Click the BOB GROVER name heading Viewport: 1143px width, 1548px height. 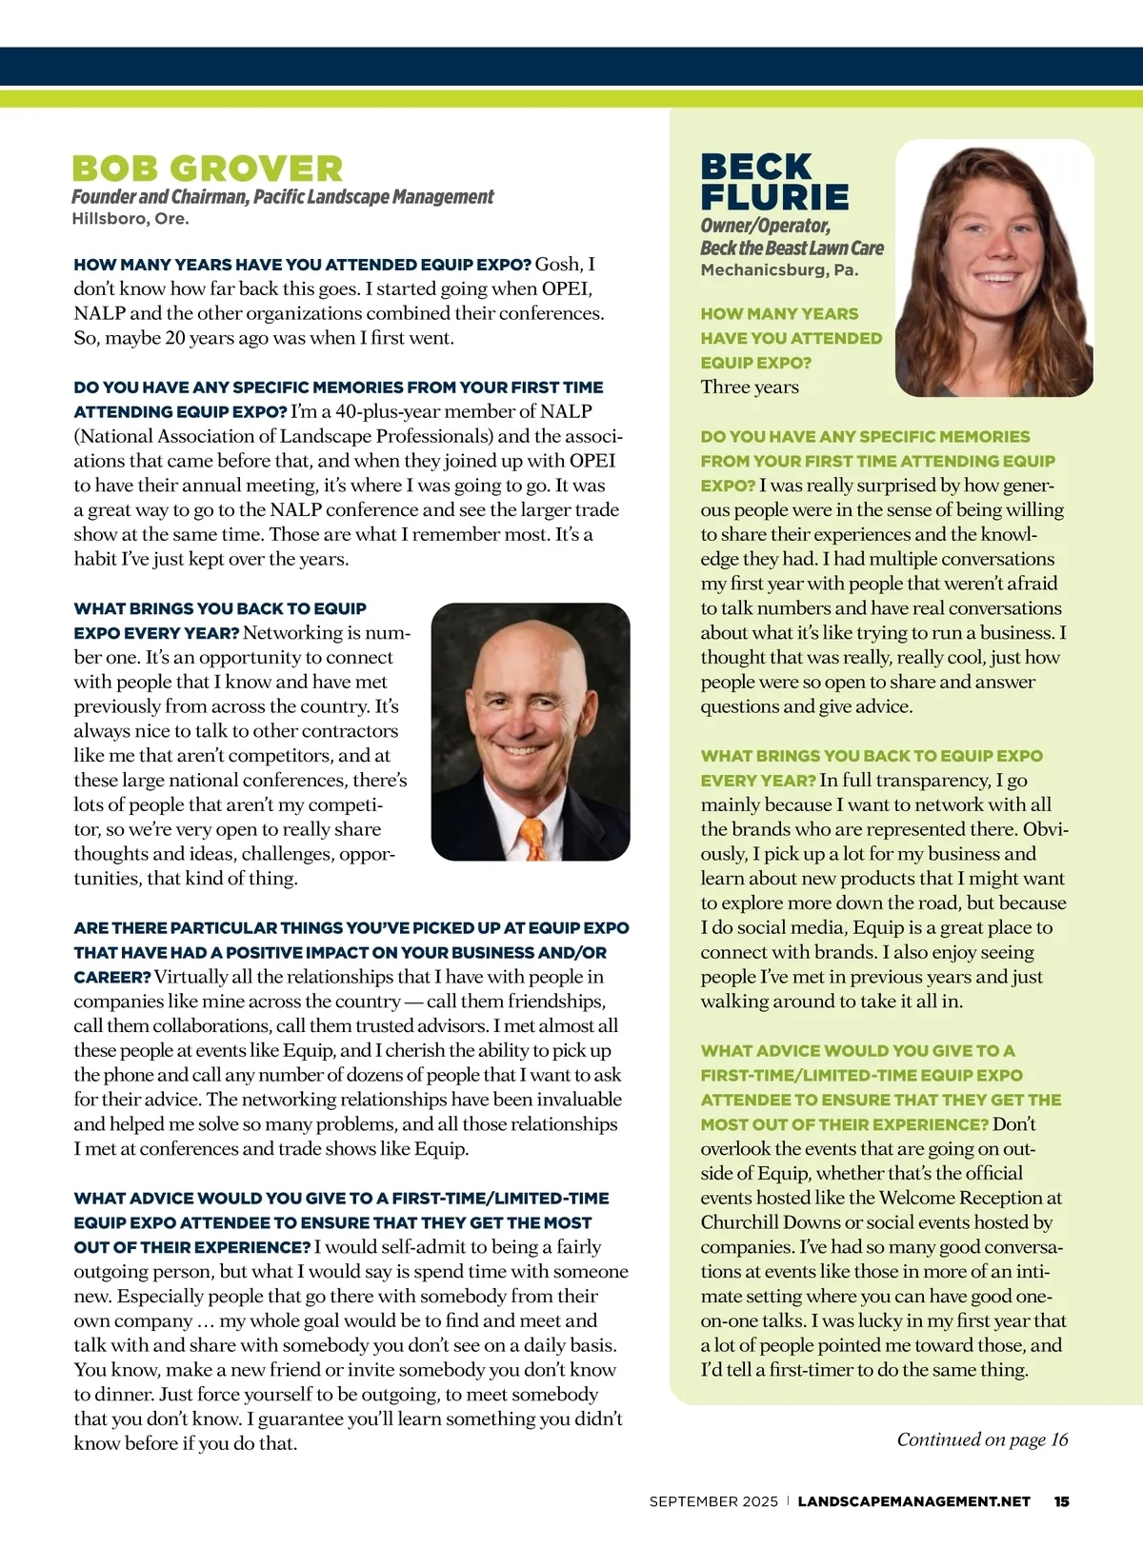click(x=207, y=169)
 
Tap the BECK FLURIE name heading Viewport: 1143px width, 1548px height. click(x=774, y=182)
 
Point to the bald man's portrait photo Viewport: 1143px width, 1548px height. click(x=531, y=731)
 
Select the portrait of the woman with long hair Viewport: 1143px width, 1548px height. click(x=993, y=268)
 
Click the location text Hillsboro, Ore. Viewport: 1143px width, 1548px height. click(x=130, y=219)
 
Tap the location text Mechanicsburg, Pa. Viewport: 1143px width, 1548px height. click(x=779, y=270)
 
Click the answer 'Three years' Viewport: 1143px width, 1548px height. click(x=750, y=387)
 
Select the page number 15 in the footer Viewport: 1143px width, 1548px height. click(x=1061, y=1501)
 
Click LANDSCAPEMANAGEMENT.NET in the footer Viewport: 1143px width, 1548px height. click(x=913, y=1501)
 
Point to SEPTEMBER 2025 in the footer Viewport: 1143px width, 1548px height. click(x=713, y=1501)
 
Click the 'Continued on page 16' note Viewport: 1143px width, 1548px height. click(x=982, y=1439)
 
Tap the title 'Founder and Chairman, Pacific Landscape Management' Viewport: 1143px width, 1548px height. click(x=283, y=197)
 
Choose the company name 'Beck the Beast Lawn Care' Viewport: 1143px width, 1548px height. click(x=792, y=248)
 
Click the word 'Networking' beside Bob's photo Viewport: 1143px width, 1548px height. click(x=291, y=633)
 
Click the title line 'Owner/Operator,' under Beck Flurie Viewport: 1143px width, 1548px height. click(x=765, y=226)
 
